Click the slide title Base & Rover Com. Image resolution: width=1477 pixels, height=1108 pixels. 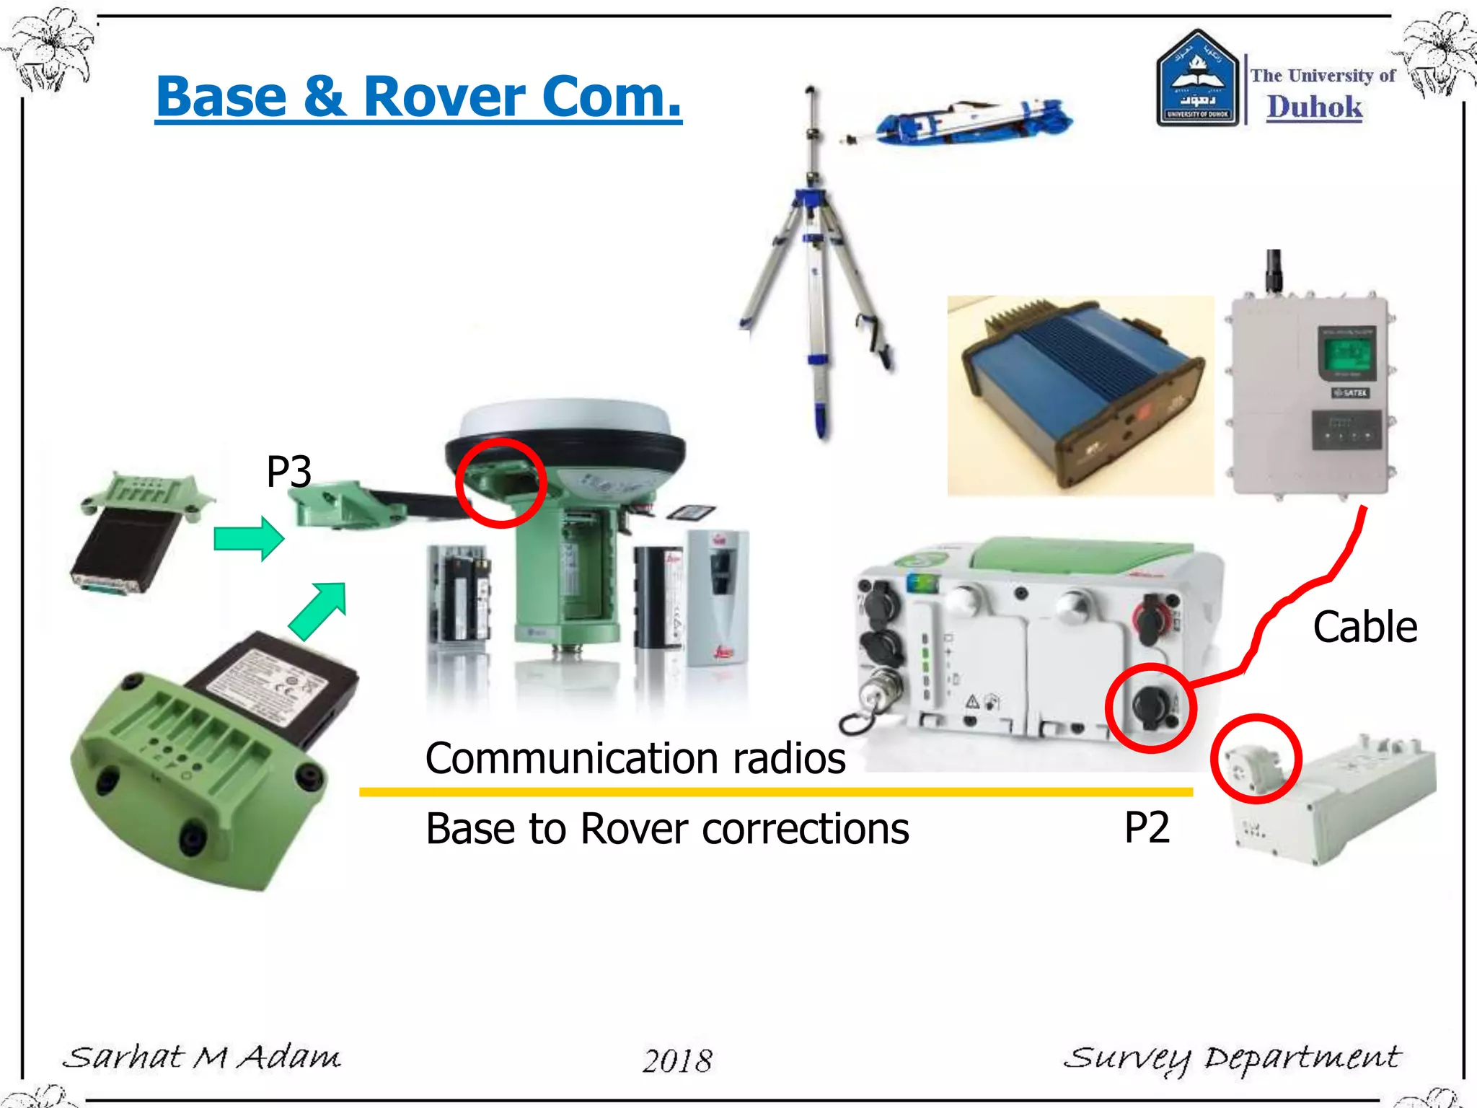418,97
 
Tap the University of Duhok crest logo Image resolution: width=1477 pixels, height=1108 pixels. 1197,79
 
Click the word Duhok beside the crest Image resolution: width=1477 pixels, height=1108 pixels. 1315,107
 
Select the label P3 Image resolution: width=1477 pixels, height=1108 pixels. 288,472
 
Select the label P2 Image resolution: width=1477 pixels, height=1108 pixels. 1147,827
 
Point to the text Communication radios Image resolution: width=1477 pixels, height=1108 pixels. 635,758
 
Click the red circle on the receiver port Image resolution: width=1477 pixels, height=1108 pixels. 1150,708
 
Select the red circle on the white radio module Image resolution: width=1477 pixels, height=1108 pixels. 1256,759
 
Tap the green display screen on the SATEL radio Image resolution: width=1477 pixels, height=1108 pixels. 1346,353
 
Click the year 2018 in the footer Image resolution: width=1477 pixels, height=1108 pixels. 677,1060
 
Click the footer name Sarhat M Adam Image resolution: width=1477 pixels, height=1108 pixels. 202,1058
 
